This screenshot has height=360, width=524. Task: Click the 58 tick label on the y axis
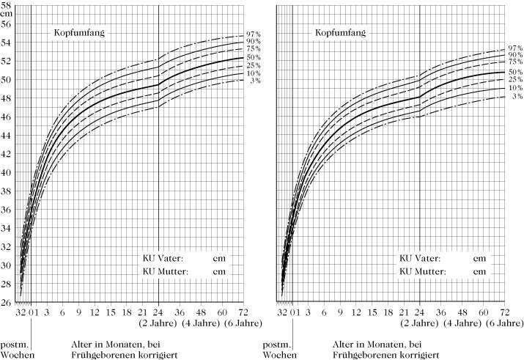coord(6,5)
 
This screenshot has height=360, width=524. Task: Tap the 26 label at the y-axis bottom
coord(6,302)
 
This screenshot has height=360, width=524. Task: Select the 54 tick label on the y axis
coord(6,43)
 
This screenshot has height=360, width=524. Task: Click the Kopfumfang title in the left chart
coord(77,33)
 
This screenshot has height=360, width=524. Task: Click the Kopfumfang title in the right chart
coord(339,33)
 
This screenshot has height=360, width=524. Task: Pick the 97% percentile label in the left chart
coord(254,34)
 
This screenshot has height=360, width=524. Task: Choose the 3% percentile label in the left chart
coord(255,81)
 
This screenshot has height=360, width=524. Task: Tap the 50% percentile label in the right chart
coord(516,72)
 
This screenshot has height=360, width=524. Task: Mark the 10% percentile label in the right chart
coord(516,88)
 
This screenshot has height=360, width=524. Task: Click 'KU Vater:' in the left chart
coord(163,258)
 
